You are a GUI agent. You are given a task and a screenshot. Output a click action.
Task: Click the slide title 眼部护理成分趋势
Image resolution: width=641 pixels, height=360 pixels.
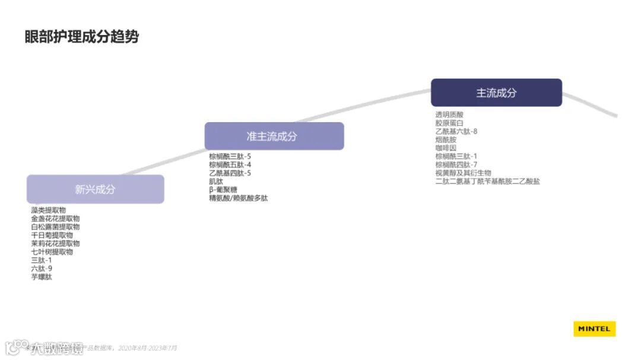click(82, 37)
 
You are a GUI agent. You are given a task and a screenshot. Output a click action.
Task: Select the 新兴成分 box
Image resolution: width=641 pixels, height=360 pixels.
click(95, 189)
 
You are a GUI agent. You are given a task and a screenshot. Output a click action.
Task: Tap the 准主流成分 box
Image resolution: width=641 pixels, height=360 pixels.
click(274, 136)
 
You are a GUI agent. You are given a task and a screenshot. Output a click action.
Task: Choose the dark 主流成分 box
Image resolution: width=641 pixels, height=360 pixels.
click(496, 93)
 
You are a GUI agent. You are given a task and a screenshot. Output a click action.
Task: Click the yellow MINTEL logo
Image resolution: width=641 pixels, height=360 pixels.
click(595, 329)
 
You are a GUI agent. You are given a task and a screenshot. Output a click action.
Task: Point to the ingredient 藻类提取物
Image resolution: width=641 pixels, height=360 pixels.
click(49, 210)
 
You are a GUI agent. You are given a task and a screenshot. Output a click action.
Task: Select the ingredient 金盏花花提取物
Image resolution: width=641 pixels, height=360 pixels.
click(55, 218)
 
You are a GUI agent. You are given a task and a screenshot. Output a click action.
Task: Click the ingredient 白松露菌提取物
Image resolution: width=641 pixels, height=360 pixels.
click(55, 227)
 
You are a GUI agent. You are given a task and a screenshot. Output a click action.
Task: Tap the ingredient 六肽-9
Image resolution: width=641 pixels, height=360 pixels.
click(42, 268)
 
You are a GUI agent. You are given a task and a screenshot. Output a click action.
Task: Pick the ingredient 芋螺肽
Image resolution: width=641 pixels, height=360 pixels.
click(42, 276)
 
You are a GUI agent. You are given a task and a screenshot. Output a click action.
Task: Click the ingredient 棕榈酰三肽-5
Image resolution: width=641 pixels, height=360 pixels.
click(230, 156)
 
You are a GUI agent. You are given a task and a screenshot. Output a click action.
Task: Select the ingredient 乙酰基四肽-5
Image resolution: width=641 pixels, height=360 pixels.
click(230, 173)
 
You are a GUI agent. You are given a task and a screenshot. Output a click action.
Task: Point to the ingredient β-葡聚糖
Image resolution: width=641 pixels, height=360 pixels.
click(223, 189)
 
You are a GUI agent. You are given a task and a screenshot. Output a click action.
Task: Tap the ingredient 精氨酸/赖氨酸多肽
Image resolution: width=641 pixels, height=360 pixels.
click(239, 197)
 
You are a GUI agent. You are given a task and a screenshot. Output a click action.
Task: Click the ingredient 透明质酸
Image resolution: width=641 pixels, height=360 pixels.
click(449, 114)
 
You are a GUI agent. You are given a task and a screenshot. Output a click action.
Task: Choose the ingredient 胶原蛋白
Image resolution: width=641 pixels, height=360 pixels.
click(449, 123)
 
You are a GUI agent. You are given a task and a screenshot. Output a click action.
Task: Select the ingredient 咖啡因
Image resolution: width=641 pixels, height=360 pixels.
click(446, 148)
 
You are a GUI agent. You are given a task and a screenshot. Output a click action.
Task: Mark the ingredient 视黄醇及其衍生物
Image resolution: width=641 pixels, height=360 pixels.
click(463, 173)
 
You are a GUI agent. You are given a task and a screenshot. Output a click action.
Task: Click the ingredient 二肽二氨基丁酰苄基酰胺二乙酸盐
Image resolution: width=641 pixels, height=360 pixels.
click(487, 181)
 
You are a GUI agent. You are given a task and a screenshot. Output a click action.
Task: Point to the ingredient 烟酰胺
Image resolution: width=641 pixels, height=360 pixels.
click(446, 139)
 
